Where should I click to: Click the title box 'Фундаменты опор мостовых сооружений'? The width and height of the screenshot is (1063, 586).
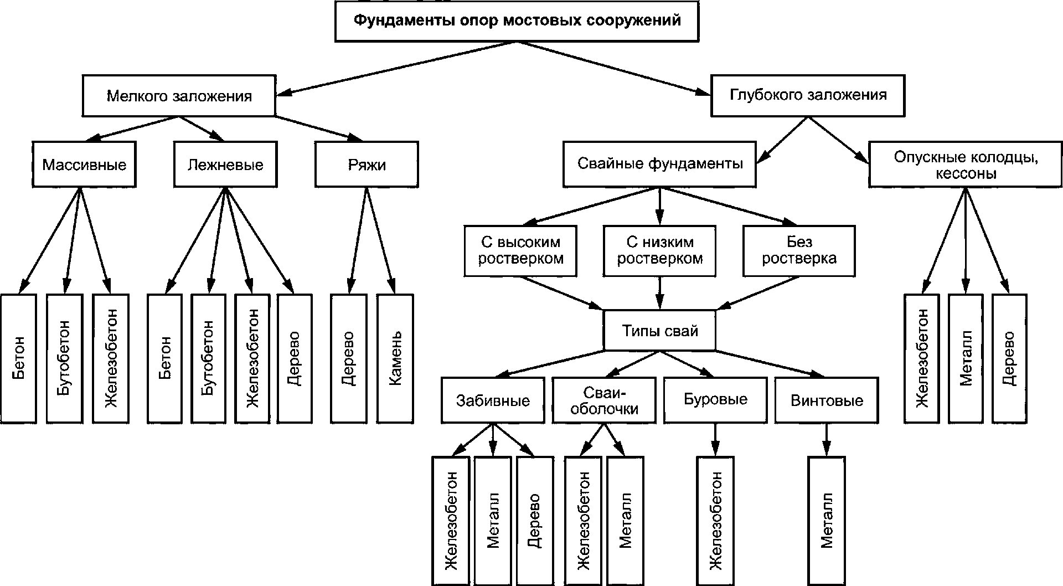pos(517,22)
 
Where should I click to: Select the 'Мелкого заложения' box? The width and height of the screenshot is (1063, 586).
pos(179,96)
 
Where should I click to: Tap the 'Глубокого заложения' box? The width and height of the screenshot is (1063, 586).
pos(808,95)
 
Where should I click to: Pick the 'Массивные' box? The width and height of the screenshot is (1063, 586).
pos(84,165)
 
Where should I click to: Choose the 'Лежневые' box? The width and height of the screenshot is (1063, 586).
pos(225,165)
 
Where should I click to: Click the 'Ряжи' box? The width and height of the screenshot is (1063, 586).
pos(367,165)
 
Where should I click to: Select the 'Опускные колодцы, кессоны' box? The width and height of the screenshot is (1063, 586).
pos(966,165)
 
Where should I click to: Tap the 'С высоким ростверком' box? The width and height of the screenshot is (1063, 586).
pos(520,250)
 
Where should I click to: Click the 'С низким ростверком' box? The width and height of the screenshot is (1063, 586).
pos(659,250)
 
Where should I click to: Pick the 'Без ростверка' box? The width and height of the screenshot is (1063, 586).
pos(799,250)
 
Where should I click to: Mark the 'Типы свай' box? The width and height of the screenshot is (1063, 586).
pos(659,331)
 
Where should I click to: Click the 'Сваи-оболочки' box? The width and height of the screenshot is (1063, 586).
pos(604,400)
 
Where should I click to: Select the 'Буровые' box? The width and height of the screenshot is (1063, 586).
pos(715,400)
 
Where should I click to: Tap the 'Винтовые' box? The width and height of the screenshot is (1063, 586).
pos(827,400)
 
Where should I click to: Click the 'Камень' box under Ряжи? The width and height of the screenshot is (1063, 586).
pos(395,359)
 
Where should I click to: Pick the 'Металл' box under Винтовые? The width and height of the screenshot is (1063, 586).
pos(827,521)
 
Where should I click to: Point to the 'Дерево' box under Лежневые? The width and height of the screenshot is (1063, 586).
pos(294,359)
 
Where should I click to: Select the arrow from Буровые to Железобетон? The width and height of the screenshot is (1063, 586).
pos(715,440)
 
